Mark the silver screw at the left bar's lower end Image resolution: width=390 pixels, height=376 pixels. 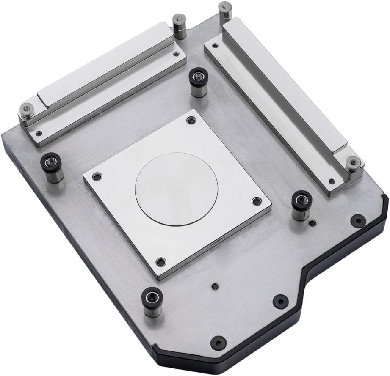pyautogui.click(x=27, y=111)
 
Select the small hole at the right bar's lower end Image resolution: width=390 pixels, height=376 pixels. pyautogui.click(x=331, y=182)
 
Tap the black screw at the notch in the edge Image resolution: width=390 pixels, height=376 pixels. pyautogui.click(x=281, y=300)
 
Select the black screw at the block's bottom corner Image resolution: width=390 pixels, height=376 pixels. pyautogui.click(x=218, y=342)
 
